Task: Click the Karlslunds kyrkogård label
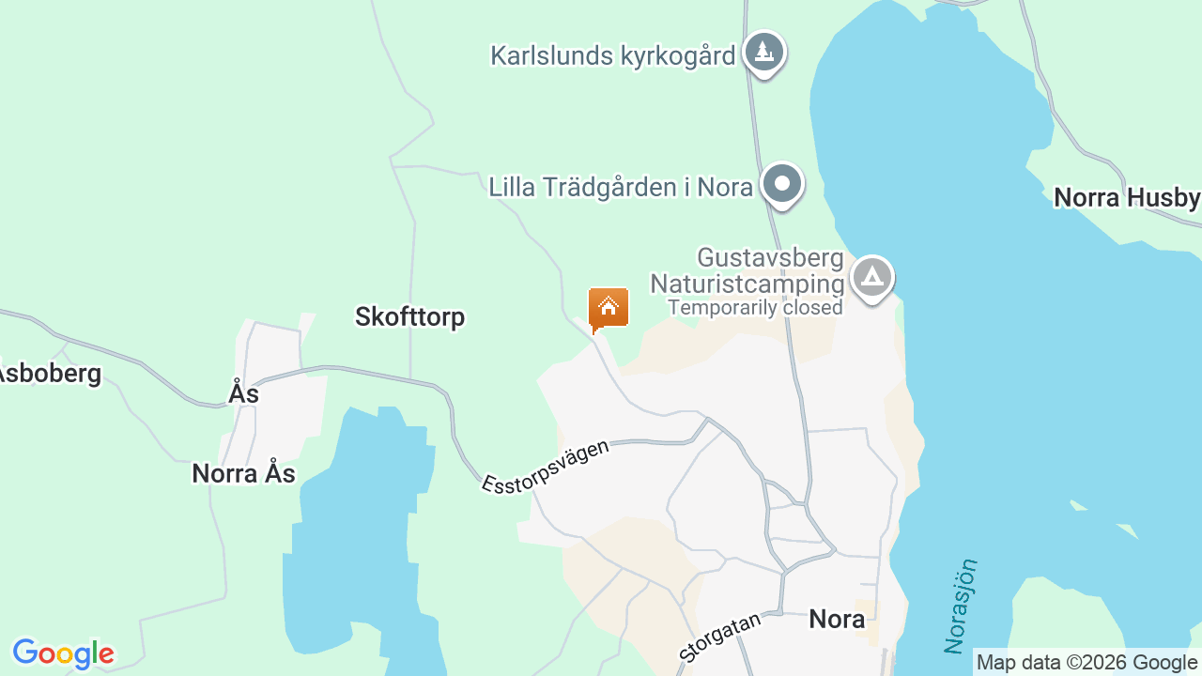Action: click(612, 55)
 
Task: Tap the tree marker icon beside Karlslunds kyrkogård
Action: click(764, 51)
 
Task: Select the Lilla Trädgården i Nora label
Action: click(621, 187)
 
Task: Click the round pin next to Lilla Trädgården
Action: click(781, 184)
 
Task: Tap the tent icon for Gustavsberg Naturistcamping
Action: click(872, 277)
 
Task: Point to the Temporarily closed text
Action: click(755, 307)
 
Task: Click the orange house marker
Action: click(609, 307)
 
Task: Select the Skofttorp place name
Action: click(409, 316)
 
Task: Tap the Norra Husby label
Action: click(1127, 197)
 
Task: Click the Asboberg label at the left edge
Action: click(49, 373)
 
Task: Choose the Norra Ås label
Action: click(243, 473)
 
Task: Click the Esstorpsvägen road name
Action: click(546, 467)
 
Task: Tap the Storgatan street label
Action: click(719, 638)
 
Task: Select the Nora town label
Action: click(837, 619)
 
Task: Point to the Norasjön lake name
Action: click(962, 607)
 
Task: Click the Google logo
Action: click(63, 653)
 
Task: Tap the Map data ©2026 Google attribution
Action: click(1086, 663)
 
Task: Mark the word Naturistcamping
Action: click(747, 284)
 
